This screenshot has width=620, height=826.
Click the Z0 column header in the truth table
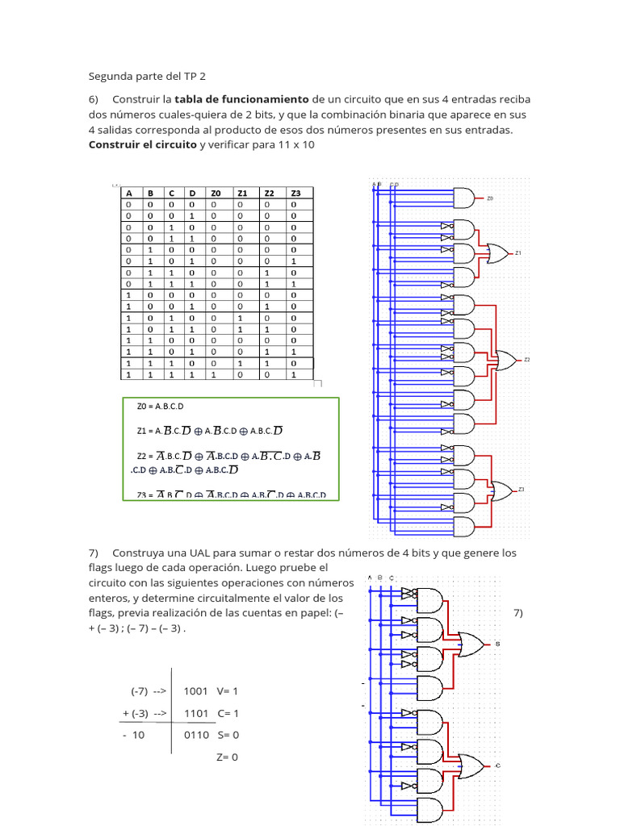point(216,194)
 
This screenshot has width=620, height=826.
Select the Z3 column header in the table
point(295,194)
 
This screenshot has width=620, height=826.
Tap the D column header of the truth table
point(191,194)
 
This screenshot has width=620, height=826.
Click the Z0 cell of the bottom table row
point(216,375)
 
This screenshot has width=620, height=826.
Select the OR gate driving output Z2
point(507,360)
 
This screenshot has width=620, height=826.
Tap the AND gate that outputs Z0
point(465,198)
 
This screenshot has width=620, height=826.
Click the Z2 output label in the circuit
point(527,359)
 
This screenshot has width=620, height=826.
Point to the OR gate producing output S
point(471,644)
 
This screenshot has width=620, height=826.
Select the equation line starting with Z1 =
point(210,431)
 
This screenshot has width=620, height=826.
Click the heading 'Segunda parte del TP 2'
point(147,77)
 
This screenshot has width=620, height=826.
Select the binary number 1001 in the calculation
point(196,691)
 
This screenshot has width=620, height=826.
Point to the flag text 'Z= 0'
point(228,757)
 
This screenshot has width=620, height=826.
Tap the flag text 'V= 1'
point(228,691)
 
